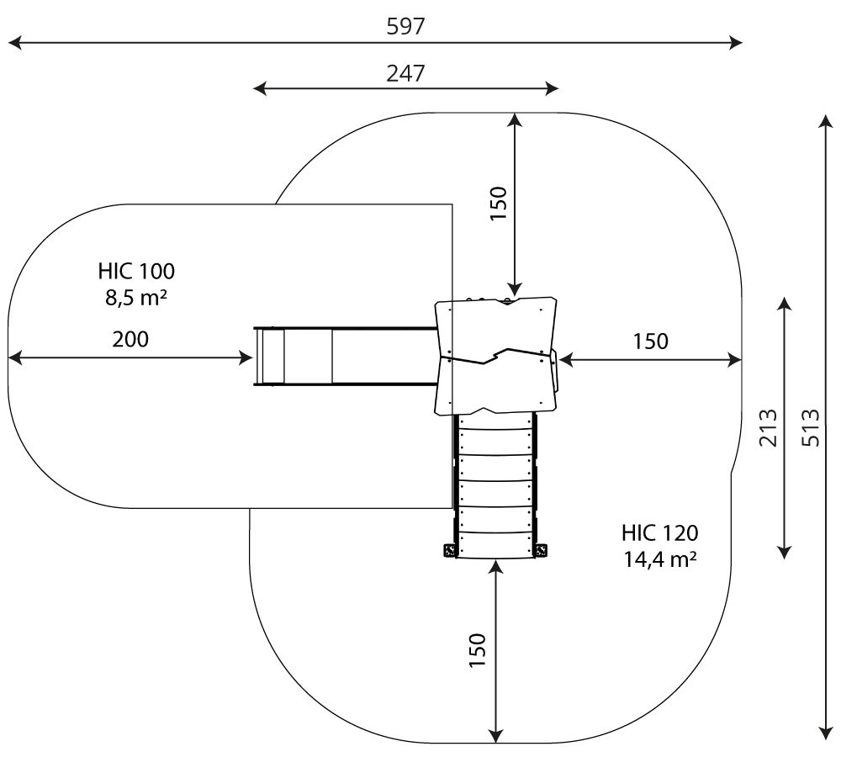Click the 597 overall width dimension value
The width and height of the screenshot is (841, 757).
pos(405,26)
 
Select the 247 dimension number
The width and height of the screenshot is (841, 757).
pos(405,72)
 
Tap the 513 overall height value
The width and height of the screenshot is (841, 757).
pos(810,427)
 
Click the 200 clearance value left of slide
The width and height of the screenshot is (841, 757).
pos(130,339)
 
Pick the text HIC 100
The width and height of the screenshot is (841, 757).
pos(136,271)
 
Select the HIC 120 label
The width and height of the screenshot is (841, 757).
pos(659,532)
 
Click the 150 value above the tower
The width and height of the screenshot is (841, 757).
pos(499,203)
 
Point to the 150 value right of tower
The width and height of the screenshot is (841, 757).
pos(650,341)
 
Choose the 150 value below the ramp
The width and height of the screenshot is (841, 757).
pos(478,649)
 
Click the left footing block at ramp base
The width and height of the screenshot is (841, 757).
pos(449,551)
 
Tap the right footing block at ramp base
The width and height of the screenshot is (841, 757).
pos(542,551)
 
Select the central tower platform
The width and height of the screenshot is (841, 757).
pos(496,357)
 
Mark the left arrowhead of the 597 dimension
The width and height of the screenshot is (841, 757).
pos(12,42)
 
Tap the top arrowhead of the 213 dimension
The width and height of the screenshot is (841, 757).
pos(784,303)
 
